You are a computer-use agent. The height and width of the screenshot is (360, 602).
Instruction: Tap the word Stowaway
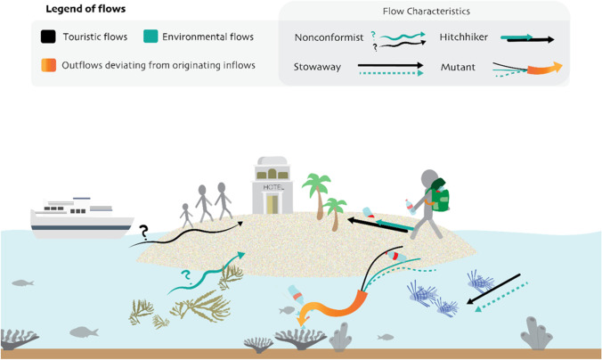[x=319, y=66]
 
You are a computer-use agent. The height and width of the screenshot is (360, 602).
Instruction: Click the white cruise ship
[x=82, y=217]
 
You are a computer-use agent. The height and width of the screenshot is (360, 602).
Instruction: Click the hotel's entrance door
[x=273, y=205]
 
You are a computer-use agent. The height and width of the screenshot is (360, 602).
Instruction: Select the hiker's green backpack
[x=438, y=196]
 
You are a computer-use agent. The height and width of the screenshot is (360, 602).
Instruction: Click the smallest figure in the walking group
[x=185, y=216]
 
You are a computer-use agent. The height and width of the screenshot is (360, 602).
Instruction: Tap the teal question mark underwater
[x=186, y=277]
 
